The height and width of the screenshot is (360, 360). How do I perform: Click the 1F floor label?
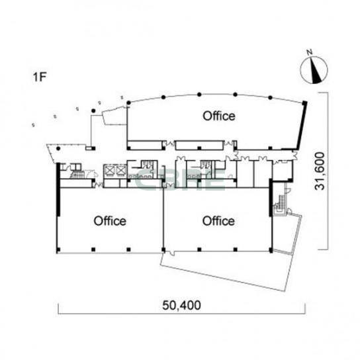40,77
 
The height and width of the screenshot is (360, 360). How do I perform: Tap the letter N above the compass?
310,52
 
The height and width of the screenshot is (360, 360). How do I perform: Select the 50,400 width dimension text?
181,305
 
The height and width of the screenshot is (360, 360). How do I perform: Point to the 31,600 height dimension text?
320,171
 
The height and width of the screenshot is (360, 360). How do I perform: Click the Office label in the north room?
219,116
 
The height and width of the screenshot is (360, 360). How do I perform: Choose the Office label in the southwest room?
110,221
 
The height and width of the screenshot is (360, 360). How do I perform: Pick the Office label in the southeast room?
218,221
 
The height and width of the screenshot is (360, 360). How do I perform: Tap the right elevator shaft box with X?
120,171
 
